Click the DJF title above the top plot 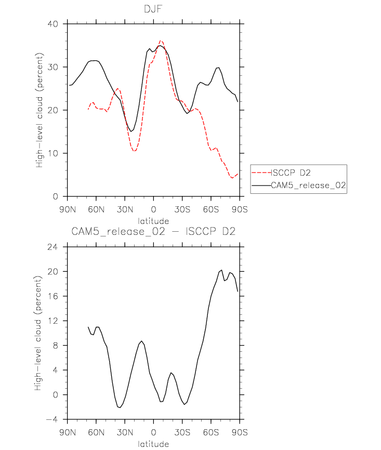153,9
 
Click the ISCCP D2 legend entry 291,173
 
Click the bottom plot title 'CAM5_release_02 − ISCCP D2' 153,231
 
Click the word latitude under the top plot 153,221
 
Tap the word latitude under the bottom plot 153,444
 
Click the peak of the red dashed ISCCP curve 161,41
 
